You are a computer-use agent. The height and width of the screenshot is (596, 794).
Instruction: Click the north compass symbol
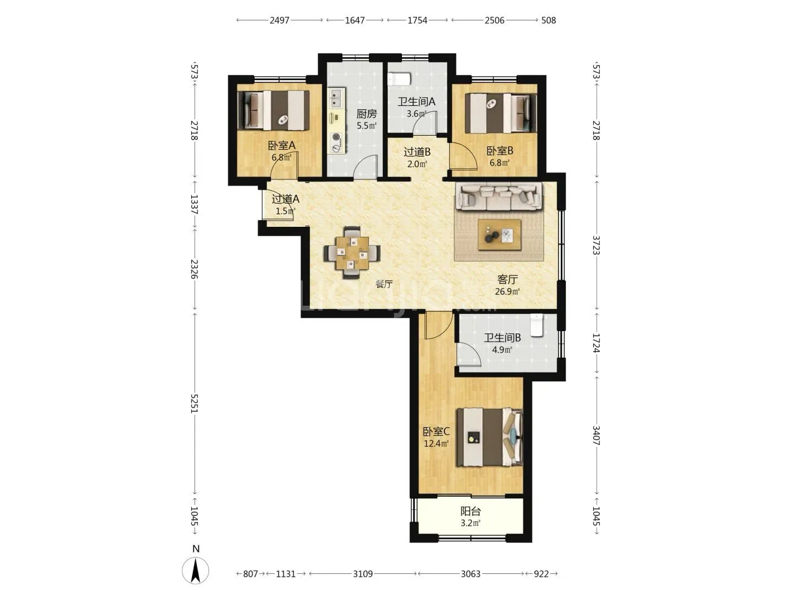click(x=195, y=570)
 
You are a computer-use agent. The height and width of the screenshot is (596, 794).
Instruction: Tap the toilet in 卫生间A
click(x=399, y=79)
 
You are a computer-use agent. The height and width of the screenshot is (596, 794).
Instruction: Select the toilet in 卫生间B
click(x=537, y=326)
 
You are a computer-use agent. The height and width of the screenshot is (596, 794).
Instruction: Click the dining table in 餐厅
click(x=352, y=253)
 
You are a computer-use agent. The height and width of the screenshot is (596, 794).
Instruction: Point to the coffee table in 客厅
click(x=500, y=235)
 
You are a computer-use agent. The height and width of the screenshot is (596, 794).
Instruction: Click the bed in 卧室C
click(x=490, y=437)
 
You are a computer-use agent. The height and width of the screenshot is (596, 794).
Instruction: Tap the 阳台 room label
click(x=470, y=512)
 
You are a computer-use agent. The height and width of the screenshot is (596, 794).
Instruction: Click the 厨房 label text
click(x=367, y=114)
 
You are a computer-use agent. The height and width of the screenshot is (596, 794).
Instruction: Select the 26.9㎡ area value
click(x=507, y=291)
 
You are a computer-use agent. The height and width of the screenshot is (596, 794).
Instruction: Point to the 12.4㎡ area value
click(x=436, y=443)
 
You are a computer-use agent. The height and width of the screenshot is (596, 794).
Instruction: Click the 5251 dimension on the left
click(x=195, y=403)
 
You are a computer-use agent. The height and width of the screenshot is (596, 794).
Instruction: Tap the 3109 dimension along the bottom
click(x=362, y=574)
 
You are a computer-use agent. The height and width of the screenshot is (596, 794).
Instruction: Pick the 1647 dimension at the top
click(x=355, y=20)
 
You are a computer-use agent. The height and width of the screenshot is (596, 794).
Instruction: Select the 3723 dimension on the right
click(x=596, y=246)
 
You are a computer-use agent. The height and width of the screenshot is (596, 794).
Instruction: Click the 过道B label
click(x=417, y=152)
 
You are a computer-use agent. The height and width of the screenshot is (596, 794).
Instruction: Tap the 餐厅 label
click(x=384, y=284)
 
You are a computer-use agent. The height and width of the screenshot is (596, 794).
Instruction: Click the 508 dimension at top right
click(x=549, y=20)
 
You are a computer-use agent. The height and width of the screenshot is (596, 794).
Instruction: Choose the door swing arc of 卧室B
click(x=469, y=152)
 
